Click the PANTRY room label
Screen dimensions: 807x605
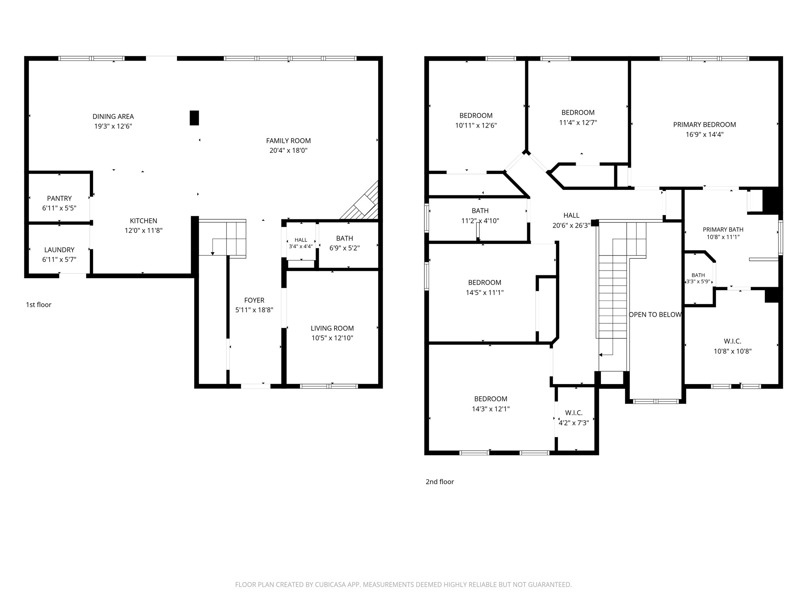click(60, 199)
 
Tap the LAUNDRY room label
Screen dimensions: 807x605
click(60, 250)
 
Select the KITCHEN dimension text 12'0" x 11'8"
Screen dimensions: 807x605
click(143, 230)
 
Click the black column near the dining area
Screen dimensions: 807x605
click(194, 118)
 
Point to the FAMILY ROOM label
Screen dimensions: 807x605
click(288, 141)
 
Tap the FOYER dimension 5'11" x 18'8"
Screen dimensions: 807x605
click(254, 310)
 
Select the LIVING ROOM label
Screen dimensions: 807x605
click(332, 328)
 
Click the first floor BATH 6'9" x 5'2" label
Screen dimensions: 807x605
click(345, 243)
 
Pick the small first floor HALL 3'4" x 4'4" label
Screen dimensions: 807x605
click(301, 243)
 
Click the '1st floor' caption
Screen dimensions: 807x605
click(39, 304)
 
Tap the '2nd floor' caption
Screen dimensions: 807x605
click(440, 482)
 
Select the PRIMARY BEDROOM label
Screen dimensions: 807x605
click(705, 124)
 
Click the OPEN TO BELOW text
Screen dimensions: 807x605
click(655, 315)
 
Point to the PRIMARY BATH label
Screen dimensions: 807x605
click(723, 230)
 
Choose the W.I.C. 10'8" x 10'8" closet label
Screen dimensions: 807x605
click(733, 346)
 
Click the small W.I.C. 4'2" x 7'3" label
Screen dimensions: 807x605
click(574, 418)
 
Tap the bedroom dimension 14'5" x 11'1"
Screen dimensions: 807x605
click(485, 293)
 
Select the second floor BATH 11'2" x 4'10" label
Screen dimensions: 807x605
click(480, 216)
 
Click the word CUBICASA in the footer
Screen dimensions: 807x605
click(331, 585)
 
